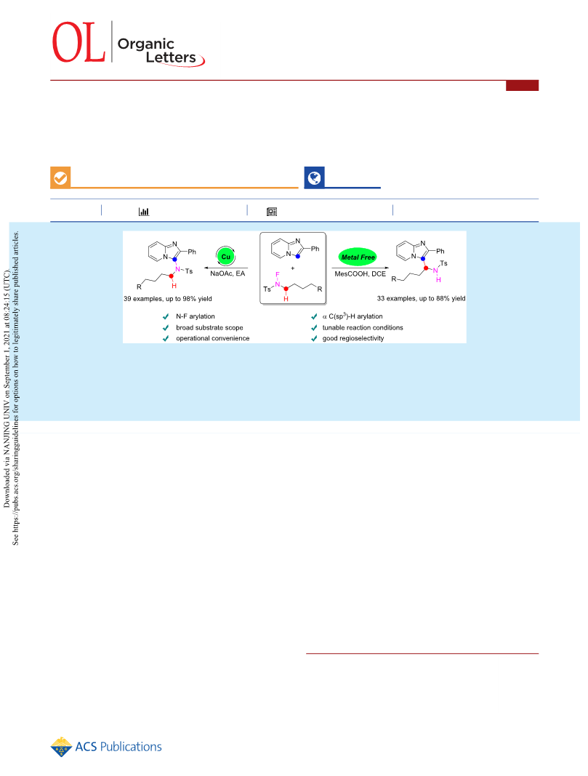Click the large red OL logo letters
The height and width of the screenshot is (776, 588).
[78, 42]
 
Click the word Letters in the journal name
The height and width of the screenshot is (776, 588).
[171, 57]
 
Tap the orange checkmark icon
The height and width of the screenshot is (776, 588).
[60, 177]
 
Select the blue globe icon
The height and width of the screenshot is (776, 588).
[314, 177]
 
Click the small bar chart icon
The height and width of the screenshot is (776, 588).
[143, 212]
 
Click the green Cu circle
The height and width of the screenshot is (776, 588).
[225, 256]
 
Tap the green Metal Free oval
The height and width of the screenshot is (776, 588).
[358, 257]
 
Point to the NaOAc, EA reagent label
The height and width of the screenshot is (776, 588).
[227, 273]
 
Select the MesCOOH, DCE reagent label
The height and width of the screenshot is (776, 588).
[360, 273]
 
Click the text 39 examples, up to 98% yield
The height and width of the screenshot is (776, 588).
[168, 298]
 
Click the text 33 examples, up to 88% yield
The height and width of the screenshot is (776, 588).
[421, 298]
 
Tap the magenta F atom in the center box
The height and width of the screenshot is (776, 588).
[278, 274]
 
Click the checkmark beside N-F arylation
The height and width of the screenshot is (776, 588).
[166, 316]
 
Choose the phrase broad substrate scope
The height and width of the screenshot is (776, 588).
[209, 327]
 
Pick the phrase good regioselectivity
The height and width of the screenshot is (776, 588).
[353, 338]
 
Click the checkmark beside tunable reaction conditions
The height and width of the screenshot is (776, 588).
[314, 327]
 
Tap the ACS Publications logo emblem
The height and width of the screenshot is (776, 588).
[61, 747]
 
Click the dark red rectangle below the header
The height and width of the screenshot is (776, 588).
[522, 86]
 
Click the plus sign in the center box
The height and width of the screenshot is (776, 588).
[292, 268]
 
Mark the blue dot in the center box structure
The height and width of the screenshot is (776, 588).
[298, 256]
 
